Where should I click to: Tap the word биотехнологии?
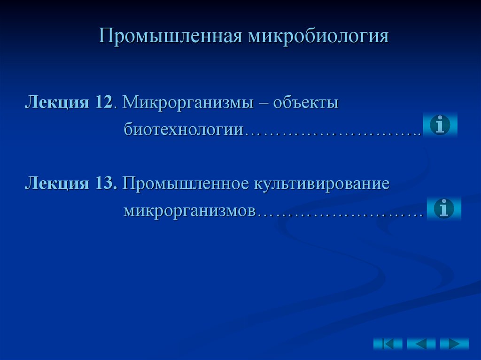[x=183, y=129]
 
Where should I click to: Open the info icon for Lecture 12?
[x=440, y=125]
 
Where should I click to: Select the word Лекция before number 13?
[x=57, y=183]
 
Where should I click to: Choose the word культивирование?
[x=322, y=183]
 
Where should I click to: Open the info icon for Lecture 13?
[x=444, y=208]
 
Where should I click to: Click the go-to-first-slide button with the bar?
[x=388, y=344]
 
